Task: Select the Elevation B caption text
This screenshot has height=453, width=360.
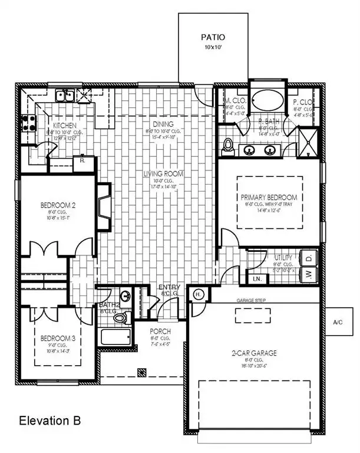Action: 46,421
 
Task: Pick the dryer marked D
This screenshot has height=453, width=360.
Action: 309,257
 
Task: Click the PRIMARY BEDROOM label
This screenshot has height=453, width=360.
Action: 269,197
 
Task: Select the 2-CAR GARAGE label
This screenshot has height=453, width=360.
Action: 254,353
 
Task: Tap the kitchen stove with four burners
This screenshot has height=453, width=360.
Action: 28,123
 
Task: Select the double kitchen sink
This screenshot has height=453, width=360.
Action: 64,95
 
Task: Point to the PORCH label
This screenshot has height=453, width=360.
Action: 160,331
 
